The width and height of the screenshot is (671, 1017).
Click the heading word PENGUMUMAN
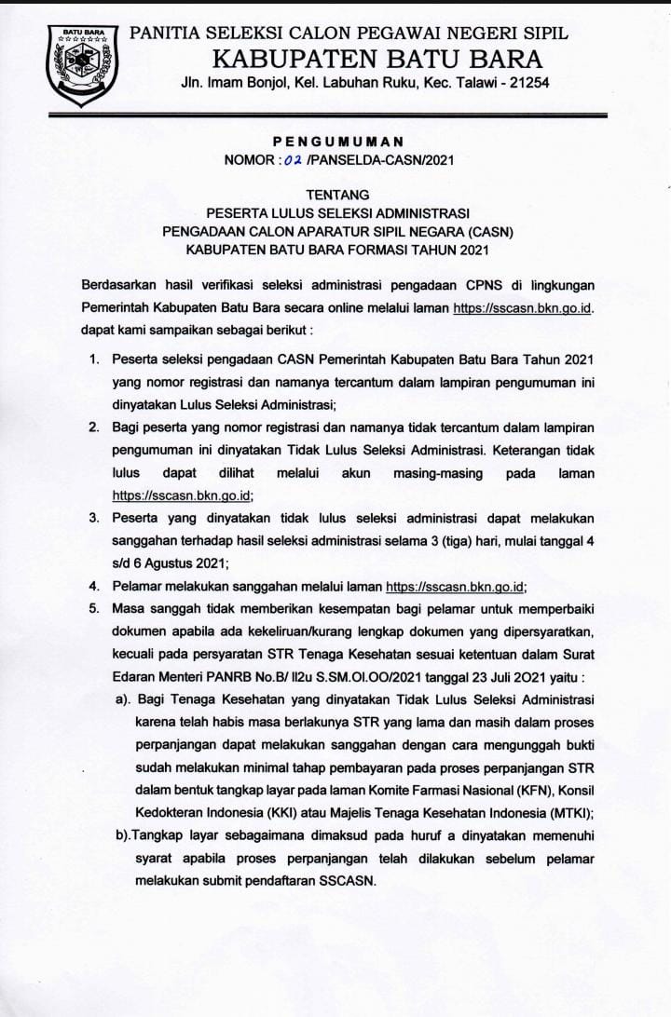pyautogui.click(x=338, y=142)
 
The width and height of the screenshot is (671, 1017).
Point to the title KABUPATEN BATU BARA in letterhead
pyautogui.click(x=377, y=59)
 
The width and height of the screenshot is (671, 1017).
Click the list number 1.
pyautogui.click(x=93, y=359)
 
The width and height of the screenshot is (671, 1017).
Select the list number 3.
pyautogui.click(x=93, y=517)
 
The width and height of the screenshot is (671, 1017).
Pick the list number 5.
pyautogui.click(x=93, y=608)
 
